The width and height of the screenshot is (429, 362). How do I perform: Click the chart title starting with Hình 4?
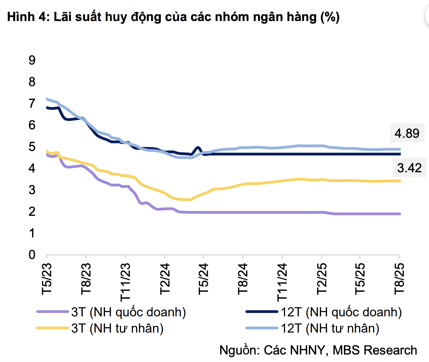[x=173, y=17]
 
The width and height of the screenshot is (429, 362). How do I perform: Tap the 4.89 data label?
[x=407, y=133]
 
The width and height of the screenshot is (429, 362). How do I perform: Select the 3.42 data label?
[x=409, y=168]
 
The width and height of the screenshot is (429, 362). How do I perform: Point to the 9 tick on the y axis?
[x=32, y=60]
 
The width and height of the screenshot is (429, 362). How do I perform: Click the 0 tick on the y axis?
[x=32, y=255]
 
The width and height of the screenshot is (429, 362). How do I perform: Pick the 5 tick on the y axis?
[x=32, y=147]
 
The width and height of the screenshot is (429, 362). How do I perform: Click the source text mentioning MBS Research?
[x=318, y=350]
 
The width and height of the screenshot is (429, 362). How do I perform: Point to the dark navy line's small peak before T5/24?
[x=198, y=148]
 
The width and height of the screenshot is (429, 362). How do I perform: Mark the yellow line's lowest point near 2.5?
[x=188, y=200]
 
